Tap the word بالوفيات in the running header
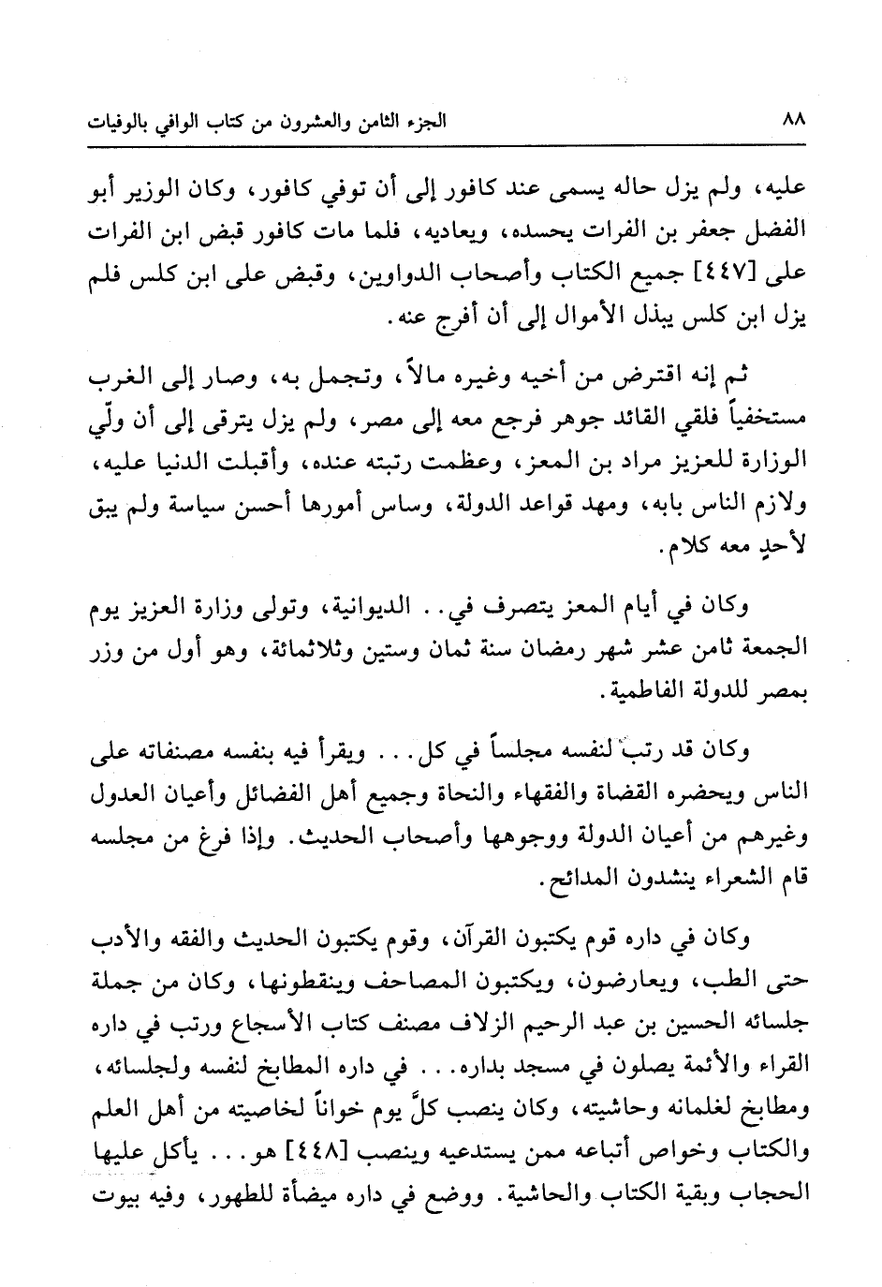[x=121, y=122]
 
